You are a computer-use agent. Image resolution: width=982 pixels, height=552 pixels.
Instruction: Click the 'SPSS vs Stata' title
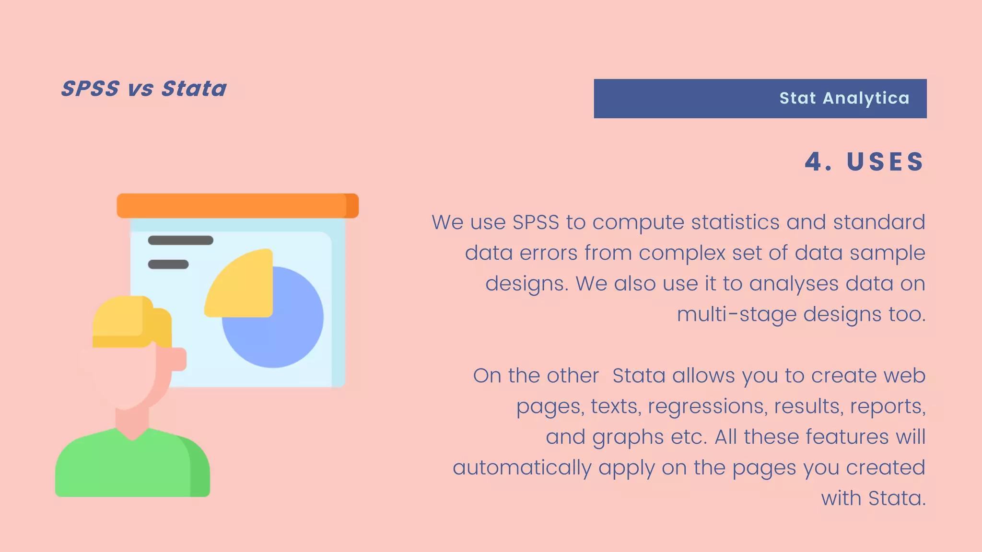pos(144,89)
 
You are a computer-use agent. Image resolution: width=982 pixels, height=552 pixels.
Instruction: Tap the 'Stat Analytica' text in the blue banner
pos(844,98)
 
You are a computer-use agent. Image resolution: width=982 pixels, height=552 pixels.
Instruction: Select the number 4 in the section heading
pos(813,161)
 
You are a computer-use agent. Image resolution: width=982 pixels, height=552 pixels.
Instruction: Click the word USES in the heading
pos(885,161)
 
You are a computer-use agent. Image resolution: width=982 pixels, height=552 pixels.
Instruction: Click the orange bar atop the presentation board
pos(237,206)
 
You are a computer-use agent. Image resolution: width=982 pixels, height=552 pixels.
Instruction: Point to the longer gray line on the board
pos(180,241)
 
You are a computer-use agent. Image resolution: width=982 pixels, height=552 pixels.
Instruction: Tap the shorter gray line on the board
pos(168,264)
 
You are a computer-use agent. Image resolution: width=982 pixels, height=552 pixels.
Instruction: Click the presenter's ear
pos(177,359)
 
